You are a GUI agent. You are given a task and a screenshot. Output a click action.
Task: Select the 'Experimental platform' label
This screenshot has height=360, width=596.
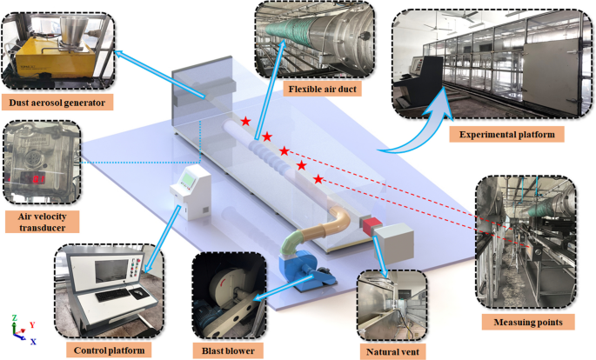pyautogui.click(x=506, y=135)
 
